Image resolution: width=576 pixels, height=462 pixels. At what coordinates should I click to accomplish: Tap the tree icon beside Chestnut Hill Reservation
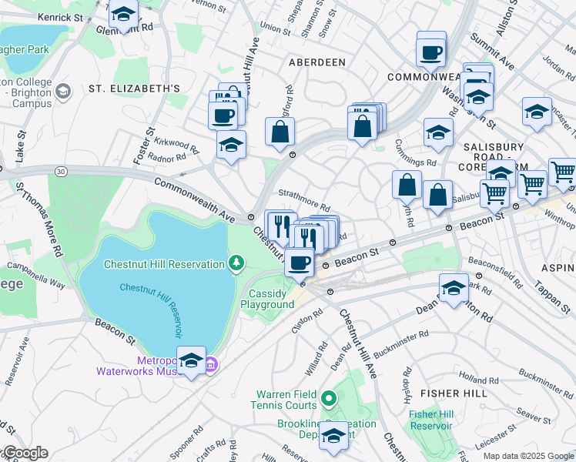point(237,264)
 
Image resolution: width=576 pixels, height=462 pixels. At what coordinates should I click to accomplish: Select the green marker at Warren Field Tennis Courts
point(329,399)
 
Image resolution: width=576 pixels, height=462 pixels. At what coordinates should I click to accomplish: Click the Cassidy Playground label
point(271,299)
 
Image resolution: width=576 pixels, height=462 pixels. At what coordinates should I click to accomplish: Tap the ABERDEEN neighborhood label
point(316,61)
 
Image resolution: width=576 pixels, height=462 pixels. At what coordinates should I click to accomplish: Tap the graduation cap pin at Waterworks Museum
point(190,360)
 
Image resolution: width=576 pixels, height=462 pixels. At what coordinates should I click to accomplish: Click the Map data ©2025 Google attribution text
point(527,456)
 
